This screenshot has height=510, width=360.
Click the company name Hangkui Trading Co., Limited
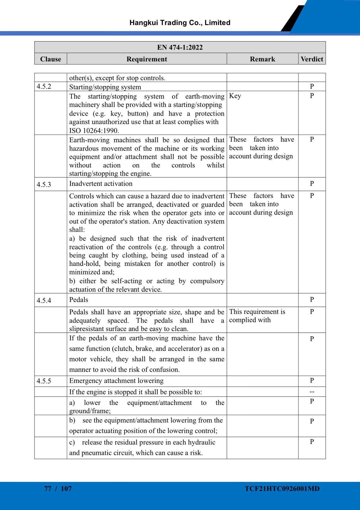click(180, 23)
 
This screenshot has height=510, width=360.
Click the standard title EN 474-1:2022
click(180, 47)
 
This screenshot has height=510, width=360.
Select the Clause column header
click(51, 59)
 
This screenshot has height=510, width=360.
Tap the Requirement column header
click(147, 59)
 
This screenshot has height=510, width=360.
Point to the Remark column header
click(262, 59)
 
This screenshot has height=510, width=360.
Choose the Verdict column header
click(312, 59)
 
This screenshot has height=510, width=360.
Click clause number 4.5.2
click(44, 87)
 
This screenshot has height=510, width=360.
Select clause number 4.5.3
click(44, 184)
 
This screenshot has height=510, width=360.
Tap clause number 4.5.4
click(44, 300)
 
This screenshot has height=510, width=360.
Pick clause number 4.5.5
click(44, 381)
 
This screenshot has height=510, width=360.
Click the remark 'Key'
click(235, 96)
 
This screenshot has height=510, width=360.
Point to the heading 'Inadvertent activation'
click(101, 184)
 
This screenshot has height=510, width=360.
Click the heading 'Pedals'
click(78, 300)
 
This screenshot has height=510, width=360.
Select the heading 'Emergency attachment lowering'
click(116, 380)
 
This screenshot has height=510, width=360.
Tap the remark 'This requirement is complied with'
click(257, 316)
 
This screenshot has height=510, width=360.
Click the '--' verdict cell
click(312, 392)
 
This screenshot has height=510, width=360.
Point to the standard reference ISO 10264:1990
click(94, 131)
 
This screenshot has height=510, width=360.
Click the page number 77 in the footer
click(48, 488)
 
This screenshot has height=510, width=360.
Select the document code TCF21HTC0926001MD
click(282, 488)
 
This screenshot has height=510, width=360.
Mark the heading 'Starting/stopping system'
click(105, 87)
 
